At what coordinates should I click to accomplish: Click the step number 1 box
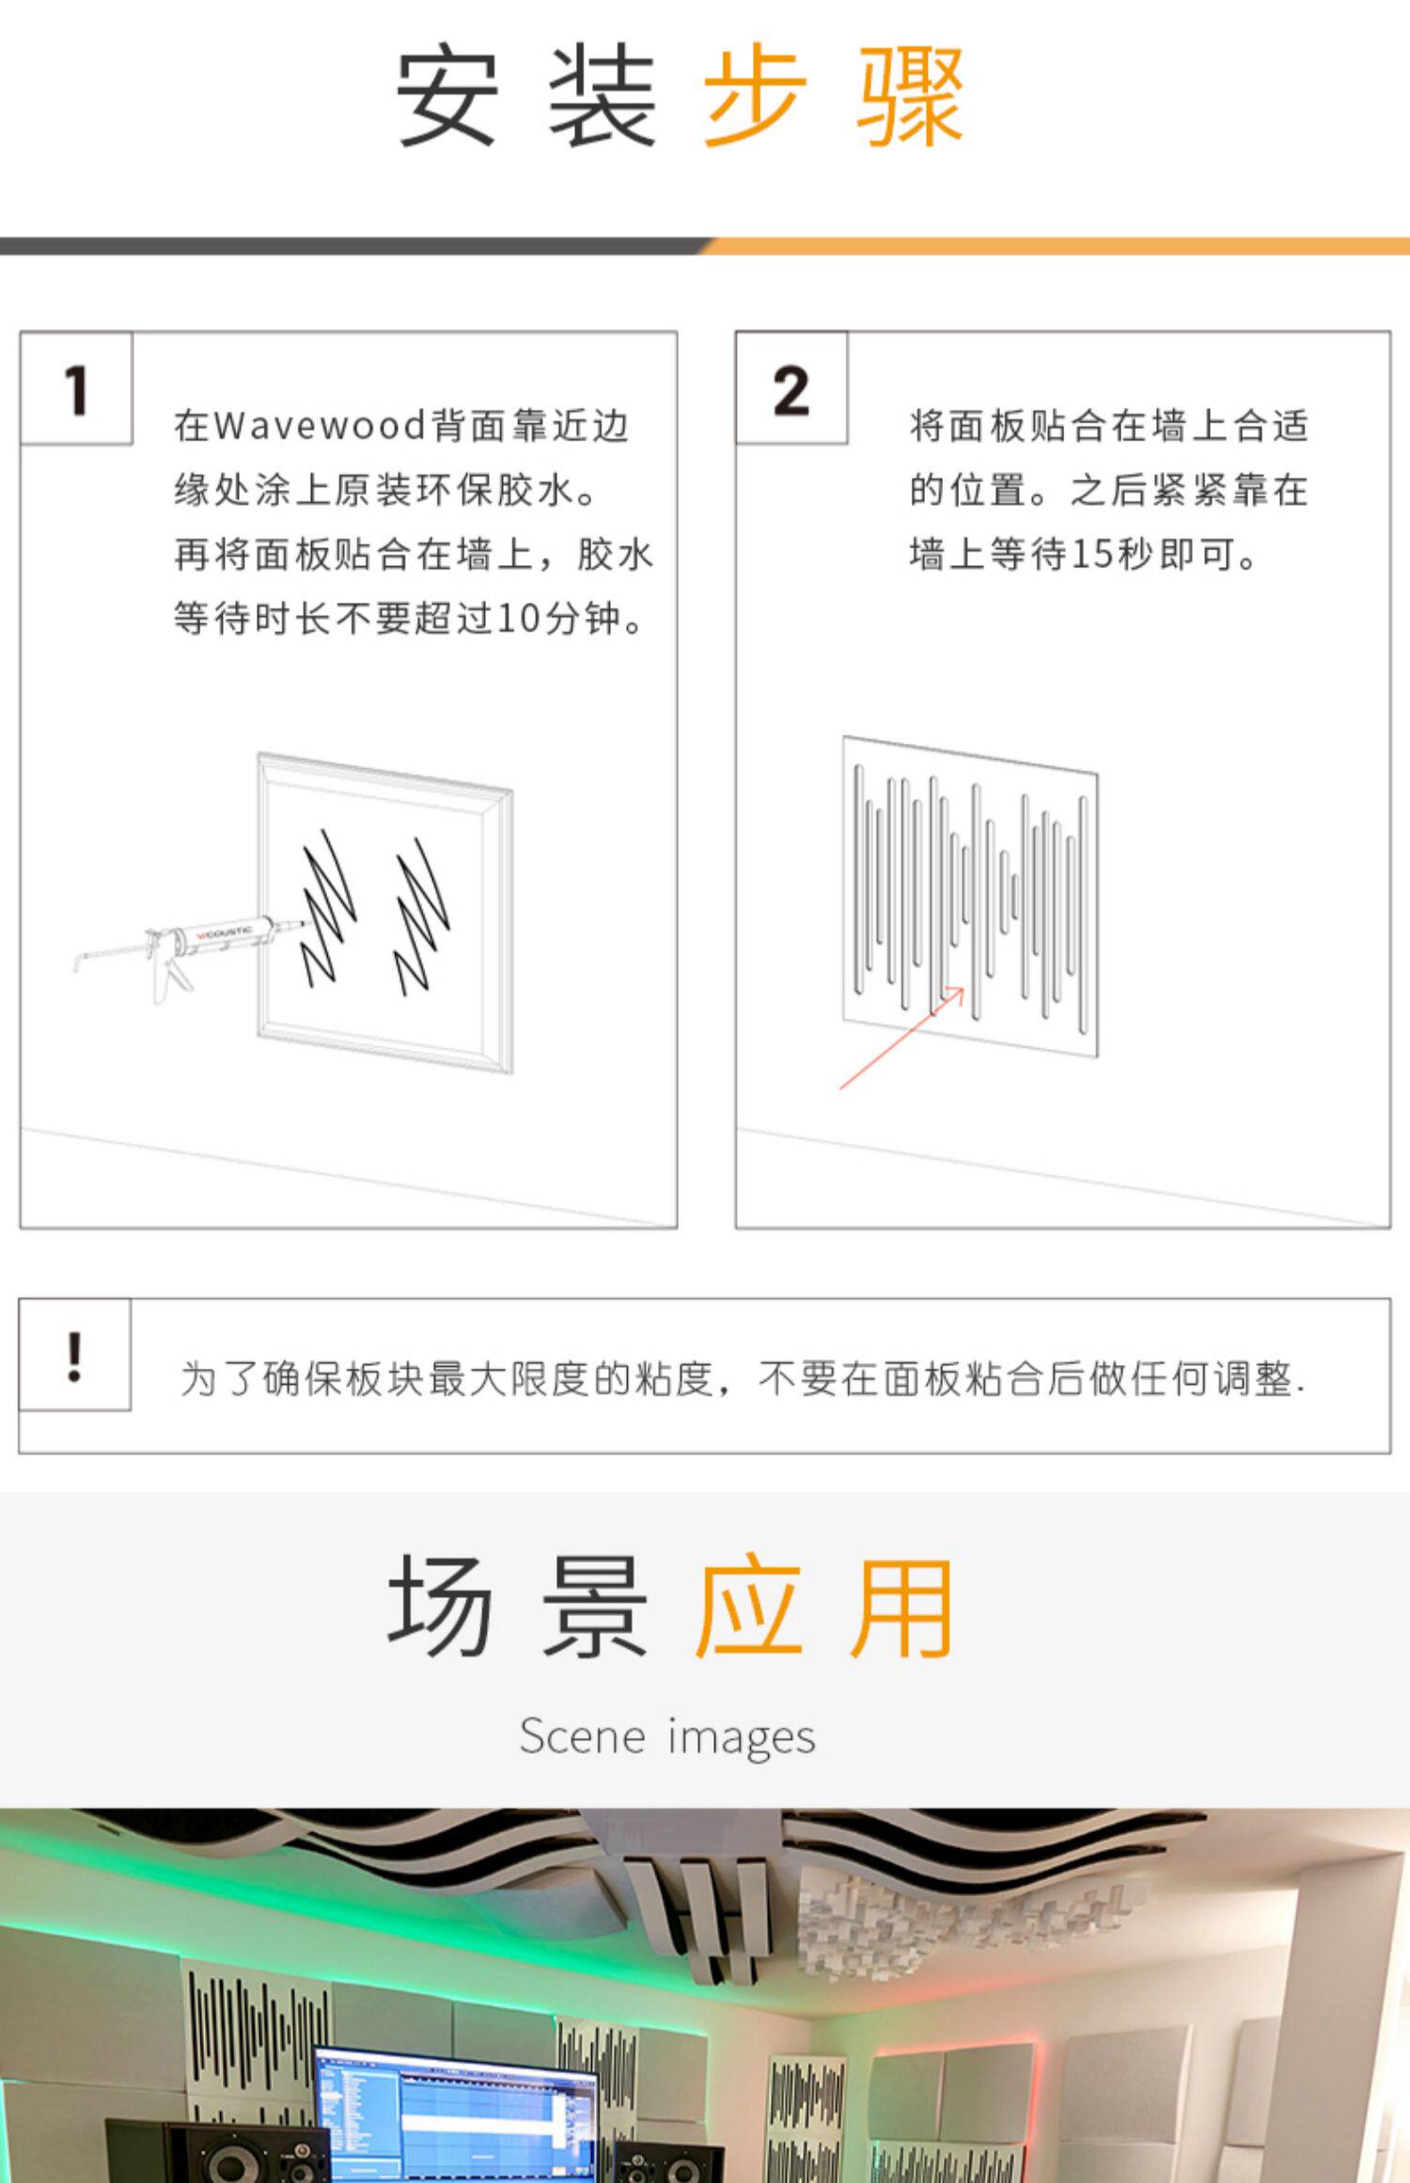76,387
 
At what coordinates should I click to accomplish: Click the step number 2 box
791,387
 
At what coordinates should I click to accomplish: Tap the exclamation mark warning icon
74,1355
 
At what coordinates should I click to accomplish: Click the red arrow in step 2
901,1038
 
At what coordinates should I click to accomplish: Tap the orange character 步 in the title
756,97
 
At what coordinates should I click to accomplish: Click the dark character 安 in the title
446,97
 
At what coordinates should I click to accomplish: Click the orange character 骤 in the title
910,97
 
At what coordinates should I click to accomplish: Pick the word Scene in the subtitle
583,1735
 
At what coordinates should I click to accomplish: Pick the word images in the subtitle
742,1737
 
